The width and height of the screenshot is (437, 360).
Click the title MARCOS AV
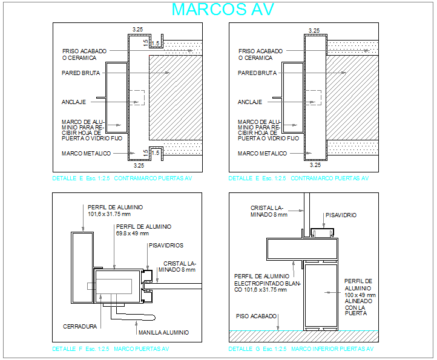click(223, 10)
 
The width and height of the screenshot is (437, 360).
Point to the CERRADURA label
click(80, 327)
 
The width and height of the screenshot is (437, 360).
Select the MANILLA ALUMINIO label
click(163, 332)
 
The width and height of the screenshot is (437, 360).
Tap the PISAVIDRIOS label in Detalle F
click(166, 245)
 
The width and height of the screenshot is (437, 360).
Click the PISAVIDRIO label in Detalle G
click(341, 215)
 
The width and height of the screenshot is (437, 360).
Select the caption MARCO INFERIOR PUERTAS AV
click(332, 349)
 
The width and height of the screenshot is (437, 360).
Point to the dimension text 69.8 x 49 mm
click(132, 234)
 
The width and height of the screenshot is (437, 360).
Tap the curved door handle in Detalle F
click(136, 315)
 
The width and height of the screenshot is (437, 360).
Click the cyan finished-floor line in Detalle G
click(303, 330)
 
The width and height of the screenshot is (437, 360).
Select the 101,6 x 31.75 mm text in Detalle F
click(115, 214)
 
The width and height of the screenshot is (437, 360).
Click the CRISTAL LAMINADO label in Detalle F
click(179, 267)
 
